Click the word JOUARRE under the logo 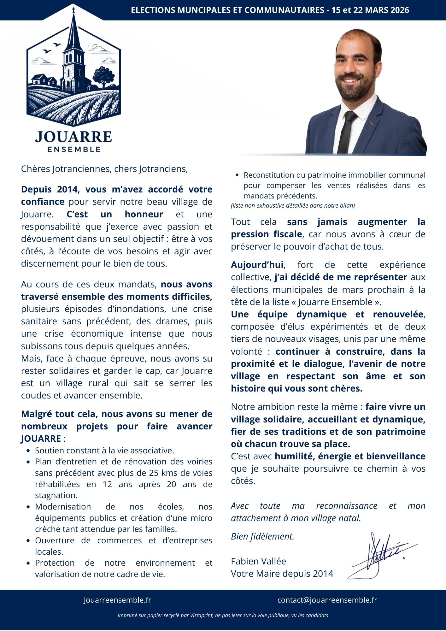[73, 137]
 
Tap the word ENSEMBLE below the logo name [74, 149]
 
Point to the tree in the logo [103, 78]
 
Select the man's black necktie [347, 133]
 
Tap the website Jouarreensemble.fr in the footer [117, 600]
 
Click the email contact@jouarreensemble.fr [327, 600]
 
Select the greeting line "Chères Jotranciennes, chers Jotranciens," [104, 169]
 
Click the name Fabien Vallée [258, 561]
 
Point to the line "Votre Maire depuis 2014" [282, 573]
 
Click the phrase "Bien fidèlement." [262, 536]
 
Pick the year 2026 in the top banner [400, 10]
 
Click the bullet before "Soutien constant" [29, 451]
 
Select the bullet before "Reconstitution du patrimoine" [237, 175]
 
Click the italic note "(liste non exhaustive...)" [293, 206]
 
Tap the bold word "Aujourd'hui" [257, 265]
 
